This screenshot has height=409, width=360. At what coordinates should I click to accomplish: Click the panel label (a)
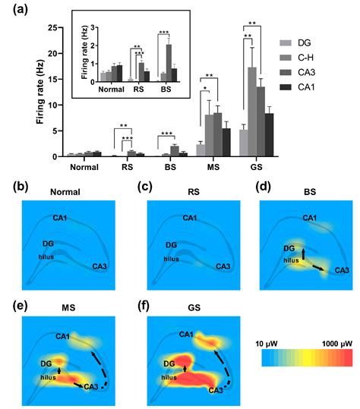coord(13,10)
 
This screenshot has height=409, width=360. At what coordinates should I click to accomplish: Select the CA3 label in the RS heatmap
coord(222,266)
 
